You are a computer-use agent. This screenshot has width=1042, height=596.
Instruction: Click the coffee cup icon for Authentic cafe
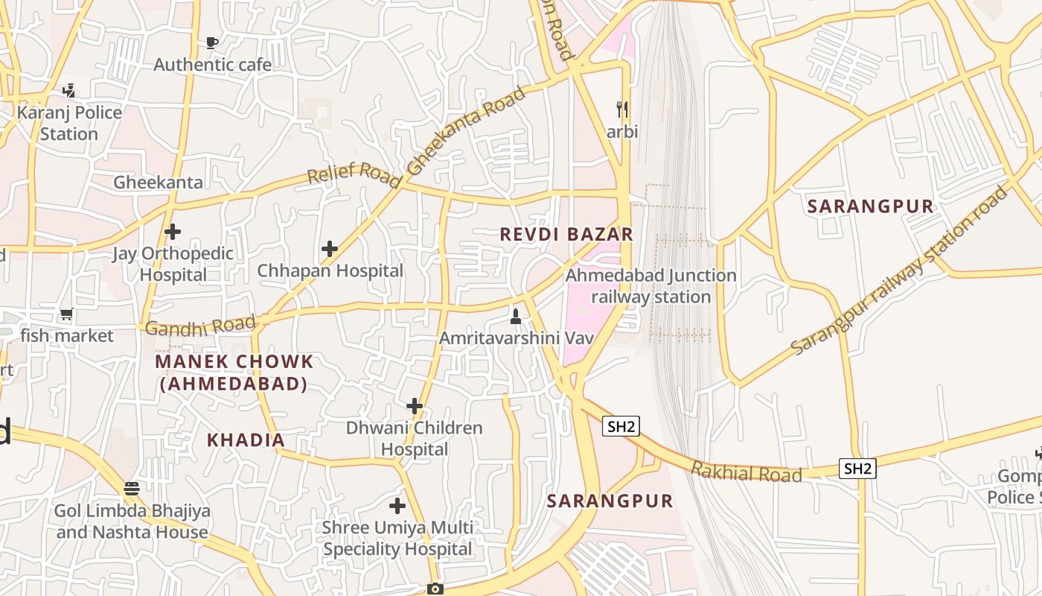coord(212,42)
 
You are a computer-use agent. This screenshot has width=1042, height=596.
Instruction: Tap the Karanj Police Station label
coord(69,123)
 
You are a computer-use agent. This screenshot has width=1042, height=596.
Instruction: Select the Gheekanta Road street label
coord(466,131)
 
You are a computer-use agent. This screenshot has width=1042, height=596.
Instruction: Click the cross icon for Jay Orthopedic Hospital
coord(173,232)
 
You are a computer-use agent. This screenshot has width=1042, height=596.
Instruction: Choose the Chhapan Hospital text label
coord(330,270)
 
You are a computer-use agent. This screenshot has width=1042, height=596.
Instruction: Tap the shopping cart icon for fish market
coord(67,314)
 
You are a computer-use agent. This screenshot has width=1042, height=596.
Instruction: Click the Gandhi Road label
coord(200,326)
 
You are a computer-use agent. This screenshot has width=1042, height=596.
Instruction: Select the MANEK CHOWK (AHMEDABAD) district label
coord(234,372)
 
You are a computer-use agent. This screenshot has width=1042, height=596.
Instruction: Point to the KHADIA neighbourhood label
coord(246,440)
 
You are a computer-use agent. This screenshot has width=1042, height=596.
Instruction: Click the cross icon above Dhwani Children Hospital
coord(415,406)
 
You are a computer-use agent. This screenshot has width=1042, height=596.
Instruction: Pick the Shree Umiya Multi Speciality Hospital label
coord(397,538)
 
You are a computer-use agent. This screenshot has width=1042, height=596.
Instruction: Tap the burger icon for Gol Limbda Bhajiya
coord(132,489)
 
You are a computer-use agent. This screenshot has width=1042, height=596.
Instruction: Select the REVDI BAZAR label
coord(566,234)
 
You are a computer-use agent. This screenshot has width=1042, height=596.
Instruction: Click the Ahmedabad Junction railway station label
coord(651,286)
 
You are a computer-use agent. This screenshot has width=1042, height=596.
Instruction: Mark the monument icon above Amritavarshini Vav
coord(514,317)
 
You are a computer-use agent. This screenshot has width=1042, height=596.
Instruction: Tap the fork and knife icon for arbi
coord(622,110)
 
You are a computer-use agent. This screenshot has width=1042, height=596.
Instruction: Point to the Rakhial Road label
coord(747,472)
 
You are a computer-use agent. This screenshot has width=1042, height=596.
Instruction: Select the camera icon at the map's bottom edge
coord(435,589)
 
